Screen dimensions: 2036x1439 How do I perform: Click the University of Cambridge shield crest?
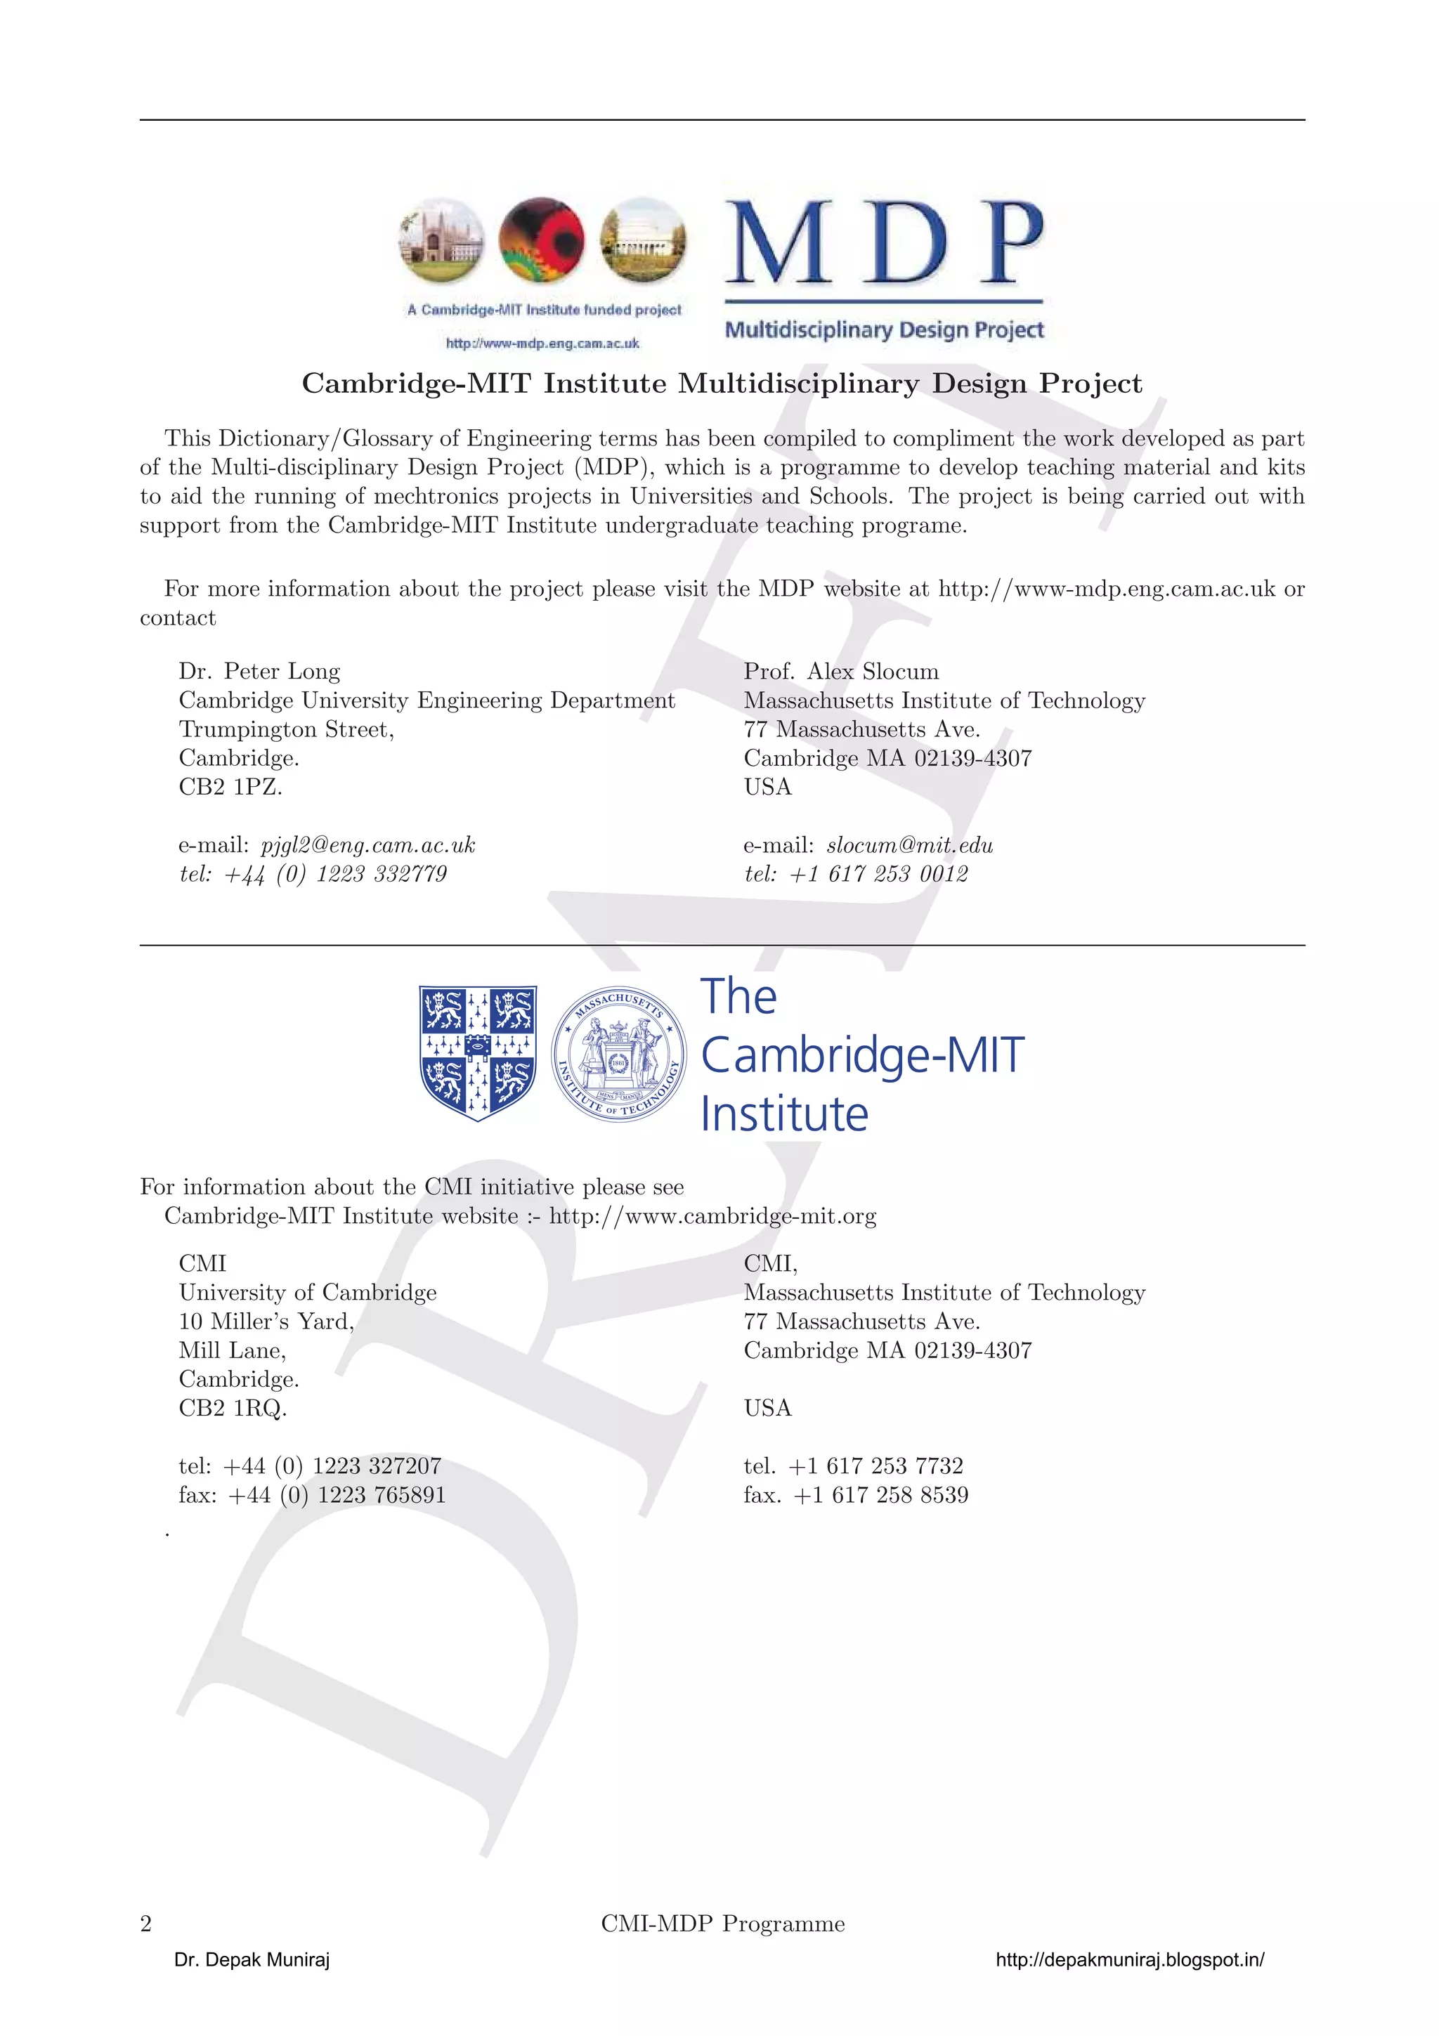click(477, 1052)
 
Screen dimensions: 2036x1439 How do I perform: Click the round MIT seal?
click(618, 1052)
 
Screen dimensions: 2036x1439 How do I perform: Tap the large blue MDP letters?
click(884, 242)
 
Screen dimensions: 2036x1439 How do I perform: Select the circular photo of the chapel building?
click(441, 240)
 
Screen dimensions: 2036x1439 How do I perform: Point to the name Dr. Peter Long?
click(259, 671)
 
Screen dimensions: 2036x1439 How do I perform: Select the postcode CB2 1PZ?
click(230, 787)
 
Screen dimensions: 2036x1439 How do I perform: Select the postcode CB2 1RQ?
click(233, 1408)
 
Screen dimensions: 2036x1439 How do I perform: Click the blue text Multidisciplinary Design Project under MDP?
click(884, 330)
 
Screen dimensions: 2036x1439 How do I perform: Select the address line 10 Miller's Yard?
click(266, 1322)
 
